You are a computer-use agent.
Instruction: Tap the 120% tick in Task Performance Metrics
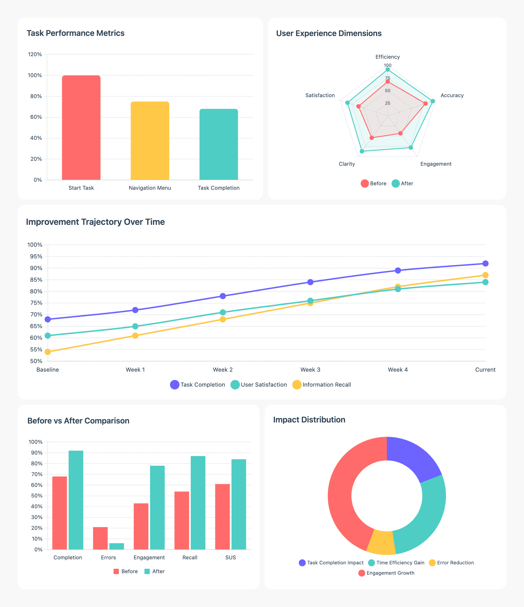(x=35, y=54)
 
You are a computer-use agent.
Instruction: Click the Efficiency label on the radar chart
(x=388, y=57)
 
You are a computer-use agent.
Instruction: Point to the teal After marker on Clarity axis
(x=362, y=151)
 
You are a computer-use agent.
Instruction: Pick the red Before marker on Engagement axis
(x=400, y=133)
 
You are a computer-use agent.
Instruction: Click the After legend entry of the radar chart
(x=403, y=183)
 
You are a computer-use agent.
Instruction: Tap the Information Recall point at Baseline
(x=48, y=352)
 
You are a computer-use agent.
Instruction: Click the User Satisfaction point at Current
(x=485, y=282)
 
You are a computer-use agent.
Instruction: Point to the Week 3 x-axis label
(x=310, y=370)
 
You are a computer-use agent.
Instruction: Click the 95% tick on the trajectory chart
(x=35, y=256)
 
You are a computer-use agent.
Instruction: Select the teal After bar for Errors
(x=117, y=546)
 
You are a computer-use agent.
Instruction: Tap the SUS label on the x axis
(x=230, y=558)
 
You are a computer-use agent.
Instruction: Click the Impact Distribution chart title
(x=309, y=420)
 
